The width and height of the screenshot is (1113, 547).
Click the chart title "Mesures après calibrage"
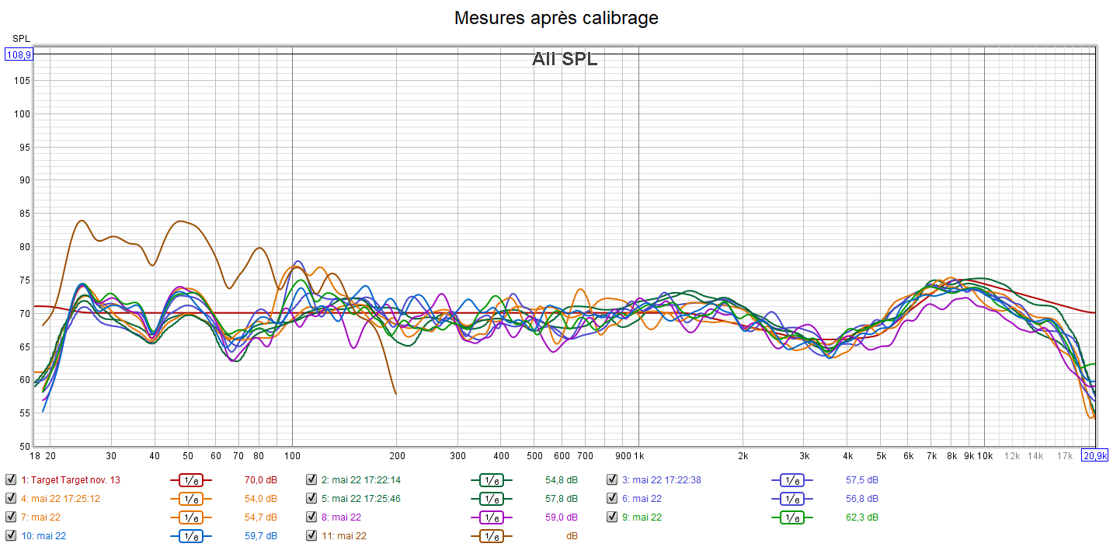[x=556, y=17]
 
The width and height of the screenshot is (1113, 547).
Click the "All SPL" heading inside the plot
[x=565, y=58]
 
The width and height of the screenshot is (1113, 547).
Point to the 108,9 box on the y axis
[x=19, y=54]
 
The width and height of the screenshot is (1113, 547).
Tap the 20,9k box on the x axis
[x=1095, y=455]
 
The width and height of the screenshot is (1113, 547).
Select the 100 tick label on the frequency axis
[x=292, y=455]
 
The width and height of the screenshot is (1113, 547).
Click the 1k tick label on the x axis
[x=638, y=455]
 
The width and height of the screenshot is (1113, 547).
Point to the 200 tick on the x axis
[x=396, y=455]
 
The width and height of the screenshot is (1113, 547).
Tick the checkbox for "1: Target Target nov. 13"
[x=10, y=479]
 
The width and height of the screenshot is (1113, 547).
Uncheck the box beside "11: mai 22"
[x=311, y=535]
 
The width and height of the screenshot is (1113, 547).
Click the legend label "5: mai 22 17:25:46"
[x=366, y=498]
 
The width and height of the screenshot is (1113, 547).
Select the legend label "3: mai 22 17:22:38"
[x=661, y=479]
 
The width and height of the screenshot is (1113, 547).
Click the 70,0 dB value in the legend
[x=261, y=479]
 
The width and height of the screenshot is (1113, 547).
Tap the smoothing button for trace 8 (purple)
[x=490, y=517]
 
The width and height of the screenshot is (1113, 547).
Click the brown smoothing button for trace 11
[x=490, y=535]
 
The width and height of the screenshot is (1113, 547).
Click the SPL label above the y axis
[x=21, y=38]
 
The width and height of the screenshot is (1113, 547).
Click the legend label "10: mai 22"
[x=43, y=535]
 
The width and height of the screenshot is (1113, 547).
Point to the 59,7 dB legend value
[x=261, y=535]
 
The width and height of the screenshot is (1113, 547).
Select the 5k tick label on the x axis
[x=881, y=455]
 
